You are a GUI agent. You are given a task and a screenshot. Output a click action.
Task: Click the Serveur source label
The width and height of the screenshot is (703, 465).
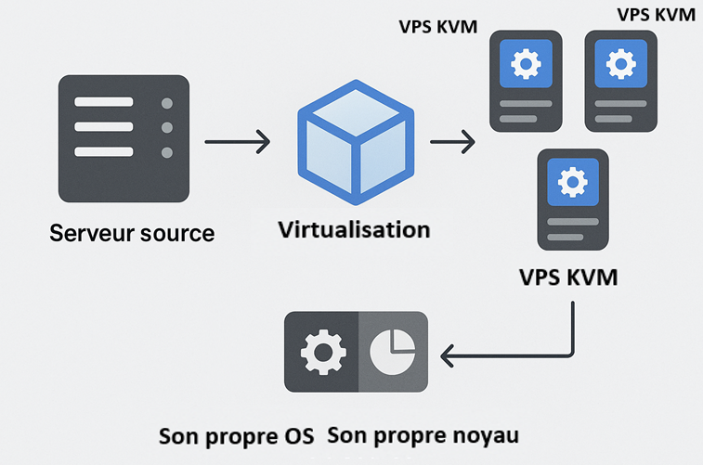(132, 232)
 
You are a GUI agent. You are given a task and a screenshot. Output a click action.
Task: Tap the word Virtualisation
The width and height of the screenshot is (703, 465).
(354, 229)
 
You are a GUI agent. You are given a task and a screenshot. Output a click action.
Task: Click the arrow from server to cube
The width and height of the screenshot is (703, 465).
(237, 142)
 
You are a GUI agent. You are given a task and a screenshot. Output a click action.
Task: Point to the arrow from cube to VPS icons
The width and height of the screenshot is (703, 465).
(452, 142)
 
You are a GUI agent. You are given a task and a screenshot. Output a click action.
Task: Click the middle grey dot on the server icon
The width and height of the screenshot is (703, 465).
(167, 127)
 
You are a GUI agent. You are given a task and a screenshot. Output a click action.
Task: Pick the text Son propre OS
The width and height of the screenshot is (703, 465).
(237, 435)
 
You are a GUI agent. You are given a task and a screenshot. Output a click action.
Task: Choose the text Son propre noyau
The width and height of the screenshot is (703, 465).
(423, 435)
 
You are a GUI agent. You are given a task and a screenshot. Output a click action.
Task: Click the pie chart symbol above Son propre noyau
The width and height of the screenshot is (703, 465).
(391, 353)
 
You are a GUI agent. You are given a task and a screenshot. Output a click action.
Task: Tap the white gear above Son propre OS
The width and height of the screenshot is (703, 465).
(322, 353)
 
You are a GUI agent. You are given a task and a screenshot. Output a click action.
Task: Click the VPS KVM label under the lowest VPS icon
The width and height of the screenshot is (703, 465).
(567, 278)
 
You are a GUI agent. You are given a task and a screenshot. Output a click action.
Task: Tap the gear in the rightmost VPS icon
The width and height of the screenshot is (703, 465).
(620, 64)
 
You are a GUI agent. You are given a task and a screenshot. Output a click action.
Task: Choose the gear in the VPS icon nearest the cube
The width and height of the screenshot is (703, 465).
(526, 64)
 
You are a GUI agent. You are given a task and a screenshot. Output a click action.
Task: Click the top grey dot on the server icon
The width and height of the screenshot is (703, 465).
(167, 103)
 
